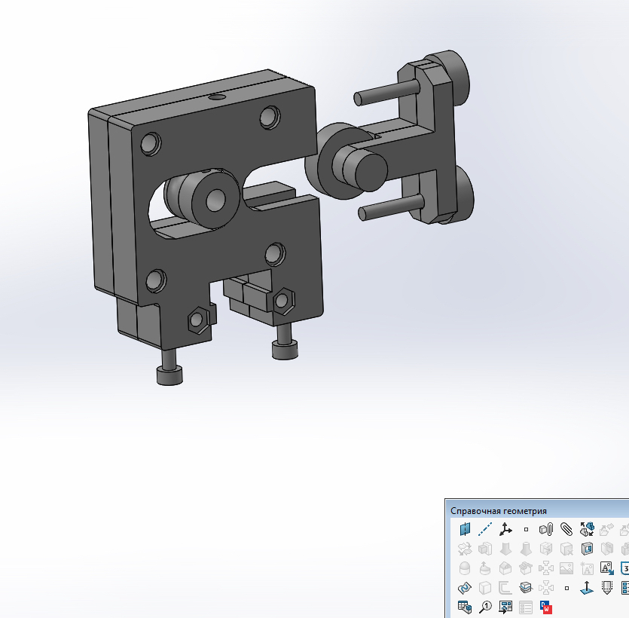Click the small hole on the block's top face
click(x=217, y=97)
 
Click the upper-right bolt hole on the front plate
click(x=270, y=117)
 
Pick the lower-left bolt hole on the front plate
click(x=156, y=280)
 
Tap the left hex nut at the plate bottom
click(x=197, y=320)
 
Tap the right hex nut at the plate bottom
click(x=283, y=300)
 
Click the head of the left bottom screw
click(x=169, y=375)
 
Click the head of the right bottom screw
click(x=284, y=350)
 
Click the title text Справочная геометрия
click(x=499, y=510)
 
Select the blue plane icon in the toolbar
click(x=465, y=529)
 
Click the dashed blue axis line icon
click(x=485, y=529)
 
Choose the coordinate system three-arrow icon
click(x=505, y=529)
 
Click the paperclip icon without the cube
click(x=566, y=529)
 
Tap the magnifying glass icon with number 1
click(x=485, y=607)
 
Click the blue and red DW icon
click(x=546, y=607)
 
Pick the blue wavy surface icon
click(x=465, y=588)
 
